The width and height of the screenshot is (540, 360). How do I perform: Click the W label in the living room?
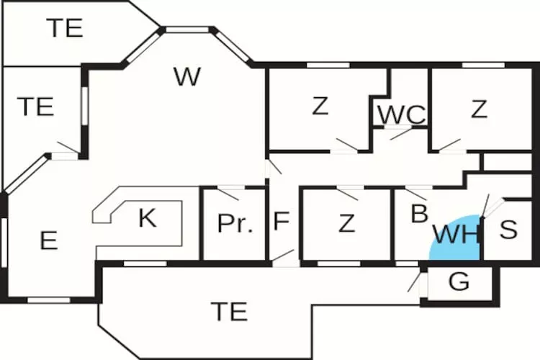point(186,77)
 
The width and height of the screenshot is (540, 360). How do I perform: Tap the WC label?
point(401,114)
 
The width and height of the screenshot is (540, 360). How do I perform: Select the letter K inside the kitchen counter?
point(147,217)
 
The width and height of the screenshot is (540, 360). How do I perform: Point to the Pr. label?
point(235,223)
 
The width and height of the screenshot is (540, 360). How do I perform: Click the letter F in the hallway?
point(281,221)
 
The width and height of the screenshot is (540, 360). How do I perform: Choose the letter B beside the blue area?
point(418,214)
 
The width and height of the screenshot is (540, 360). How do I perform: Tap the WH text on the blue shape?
point(456,235)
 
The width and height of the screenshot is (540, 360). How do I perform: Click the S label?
point(508,230)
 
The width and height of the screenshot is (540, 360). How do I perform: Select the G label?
point(459,282)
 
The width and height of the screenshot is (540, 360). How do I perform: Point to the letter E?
point(48,240)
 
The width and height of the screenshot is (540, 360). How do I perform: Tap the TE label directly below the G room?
point(229,312)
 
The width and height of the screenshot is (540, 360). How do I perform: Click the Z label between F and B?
point(346,223)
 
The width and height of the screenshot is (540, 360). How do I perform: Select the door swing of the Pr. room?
point(228,193)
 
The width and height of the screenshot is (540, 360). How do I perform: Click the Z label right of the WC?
point(479,109)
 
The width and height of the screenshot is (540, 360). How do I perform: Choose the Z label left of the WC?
point(320,107)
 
